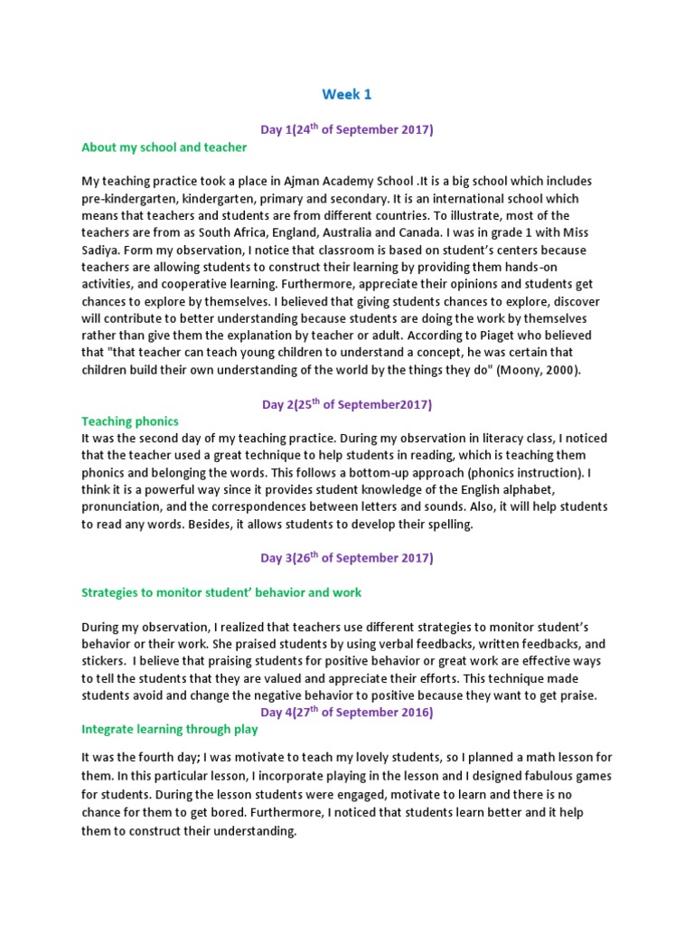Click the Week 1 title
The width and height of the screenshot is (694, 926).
347,94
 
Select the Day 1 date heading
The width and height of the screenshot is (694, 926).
347,129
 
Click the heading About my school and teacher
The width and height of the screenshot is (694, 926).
164,146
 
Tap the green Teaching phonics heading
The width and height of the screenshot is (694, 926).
130,420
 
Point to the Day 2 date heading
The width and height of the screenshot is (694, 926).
347,403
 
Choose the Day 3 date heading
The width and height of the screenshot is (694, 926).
347,558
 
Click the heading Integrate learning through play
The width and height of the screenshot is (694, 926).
170,729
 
